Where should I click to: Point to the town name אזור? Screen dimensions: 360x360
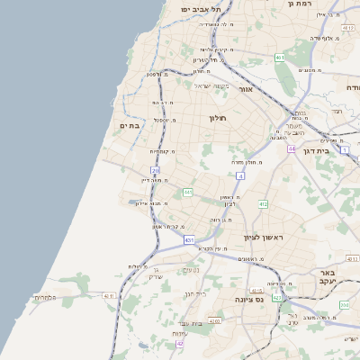coord(247,89)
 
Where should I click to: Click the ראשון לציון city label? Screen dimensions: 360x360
coord(263,237)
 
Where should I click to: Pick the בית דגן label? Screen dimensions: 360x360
coord(337,150)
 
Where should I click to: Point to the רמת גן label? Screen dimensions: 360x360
coord(299,4)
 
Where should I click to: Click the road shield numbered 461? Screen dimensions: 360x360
coord(280,58)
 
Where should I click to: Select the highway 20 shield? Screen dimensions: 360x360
coord(155,170)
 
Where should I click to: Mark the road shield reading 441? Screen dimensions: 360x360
coord(188,192)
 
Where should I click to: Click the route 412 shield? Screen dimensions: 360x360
coord(263,204)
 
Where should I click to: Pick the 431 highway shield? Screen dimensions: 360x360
coord(189,240)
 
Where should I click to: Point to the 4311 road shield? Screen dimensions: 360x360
coord(110,295)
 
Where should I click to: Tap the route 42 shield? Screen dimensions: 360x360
coord(180,343)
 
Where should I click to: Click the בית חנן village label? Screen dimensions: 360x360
coord(194,294)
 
